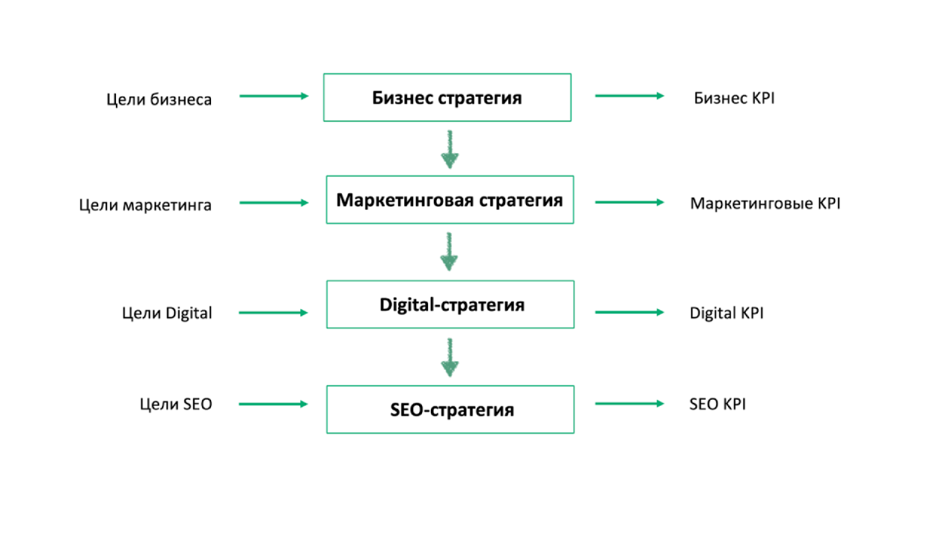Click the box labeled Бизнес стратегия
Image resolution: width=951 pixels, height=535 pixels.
tap(447, 97)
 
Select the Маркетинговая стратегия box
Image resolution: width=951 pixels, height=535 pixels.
tap(449, 200)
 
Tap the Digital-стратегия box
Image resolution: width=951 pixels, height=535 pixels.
tap(450, 305)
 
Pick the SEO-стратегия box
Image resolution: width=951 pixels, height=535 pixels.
tap(450, 409)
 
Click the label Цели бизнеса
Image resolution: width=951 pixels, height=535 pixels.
tap(159, 99)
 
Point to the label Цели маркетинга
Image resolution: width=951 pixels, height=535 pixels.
tap(146, 204)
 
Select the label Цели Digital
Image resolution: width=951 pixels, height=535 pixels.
tap(167, 313)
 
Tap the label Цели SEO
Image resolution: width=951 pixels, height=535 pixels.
tap(176, 404)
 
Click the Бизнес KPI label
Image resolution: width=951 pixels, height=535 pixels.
tap(734, 98)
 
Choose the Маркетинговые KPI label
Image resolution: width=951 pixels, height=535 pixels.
tap(765, 203)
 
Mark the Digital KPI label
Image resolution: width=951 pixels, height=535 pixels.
tap(727, 313)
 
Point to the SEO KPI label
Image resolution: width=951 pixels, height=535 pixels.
tap(718, 404)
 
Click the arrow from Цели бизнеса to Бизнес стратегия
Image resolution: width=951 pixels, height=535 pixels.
tap(273, 96)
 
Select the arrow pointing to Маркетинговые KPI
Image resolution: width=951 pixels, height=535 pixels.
tap(629, 202)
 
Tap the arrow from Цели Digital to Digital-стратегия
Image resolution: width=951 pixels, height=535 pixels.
tap(273, 313)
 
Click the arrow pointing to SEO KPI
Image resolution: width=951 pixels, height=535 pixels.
tap(629, 403)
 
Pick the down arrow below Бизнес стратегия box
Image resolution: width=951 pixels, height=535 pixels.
tap(449, 149)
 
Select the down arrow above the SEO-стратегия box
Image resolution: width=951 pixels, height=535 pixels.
tap(449, 357)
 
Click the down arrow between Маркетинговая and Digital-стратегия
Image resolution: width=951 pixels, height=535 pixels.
tap(449, 252)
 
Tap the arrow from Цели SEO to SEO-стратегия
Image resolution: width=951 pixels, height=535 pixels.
tap(273, 403)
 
